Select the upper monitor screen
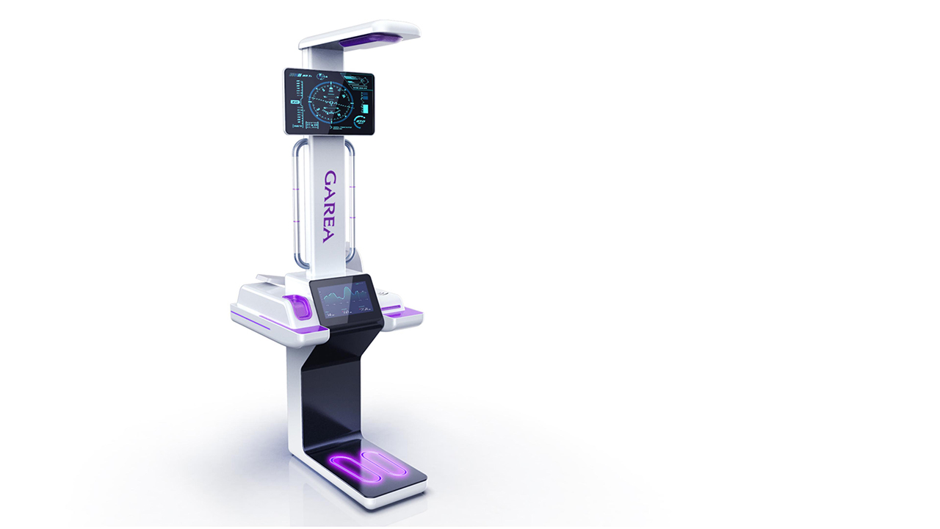pos(328,101)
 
